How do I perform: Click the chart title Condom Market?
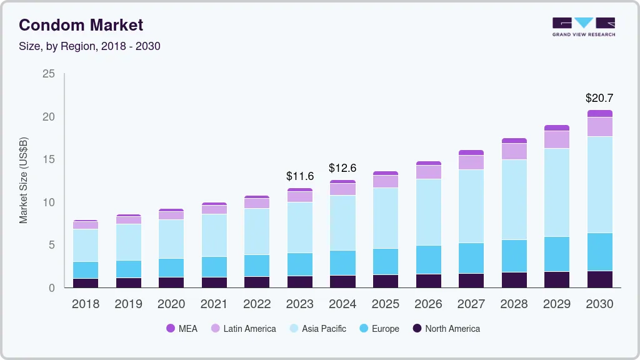[x=81, y=25]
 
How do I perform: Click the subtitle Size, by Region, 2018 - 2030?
[x=89, y=46]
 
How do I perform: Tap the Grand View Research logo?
[x=583, y=27]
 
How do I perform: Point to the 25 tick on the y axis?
[x=48, y=74]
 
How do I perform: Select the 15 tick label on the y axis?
[x=48, y=160]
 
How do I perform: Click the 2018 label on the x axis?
[x=85, y=304]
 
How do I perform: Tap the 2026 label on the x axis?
[x=428, y=304]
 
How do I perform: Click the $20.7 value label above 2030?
[x=599, y=98]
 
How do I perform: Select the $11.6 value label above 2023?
[x=299, y=176]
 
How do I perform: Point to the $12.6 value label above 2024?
[x=342, y=168]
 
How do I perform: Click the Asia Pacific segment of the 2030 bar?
[x=599, y=184]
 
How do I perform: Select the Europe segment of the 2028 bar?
[x=514, y=256]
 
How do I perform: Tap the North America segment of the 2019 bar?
[x=128, y=282]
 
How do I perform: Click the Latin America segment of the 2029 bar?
[x=556, y=139]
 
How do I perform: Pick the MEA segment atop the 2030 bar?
[x=599, y=114]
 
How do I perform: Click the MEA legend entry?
[x=182, y=328]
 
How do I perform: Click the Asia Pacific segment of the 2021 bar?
[x=214, y=235]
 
